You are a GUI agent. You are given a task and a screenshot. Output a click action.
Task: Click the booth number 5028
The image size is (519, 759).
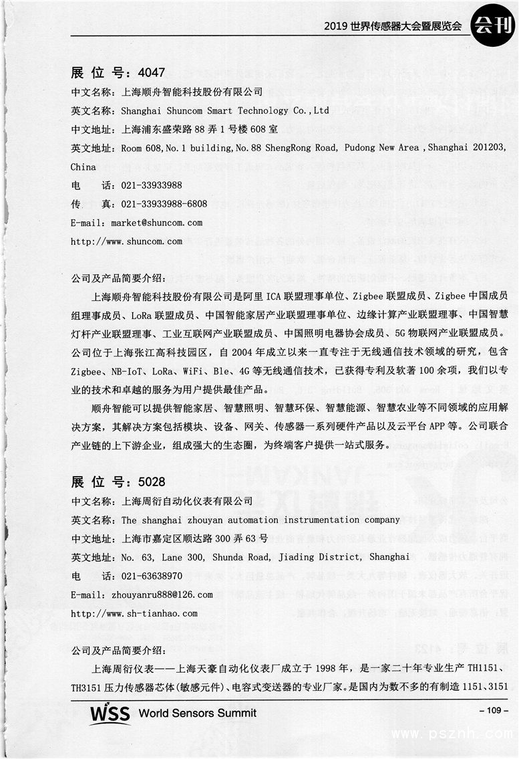(150, 481)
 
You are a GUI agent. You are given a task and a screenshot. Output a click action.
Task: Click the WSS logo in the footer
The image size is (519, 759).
(110, 713)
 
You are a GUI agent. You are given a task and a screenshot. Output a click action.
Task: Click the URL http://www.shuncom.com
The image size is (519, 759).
(126, 241)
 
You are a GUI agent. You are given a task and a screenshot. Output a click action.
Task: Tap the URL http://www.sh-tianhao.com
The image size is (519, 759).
(134, 613)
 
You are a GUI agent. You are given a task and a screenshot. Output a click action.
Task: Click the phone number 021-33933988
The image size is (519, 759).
(152, 185)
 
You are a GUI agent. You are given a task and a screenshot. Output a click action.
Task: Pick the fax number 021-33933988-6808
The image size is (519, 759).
(164, 204)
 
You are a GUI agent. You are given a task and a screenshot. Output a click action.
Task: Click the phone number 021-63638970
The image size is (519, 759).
(152, 576)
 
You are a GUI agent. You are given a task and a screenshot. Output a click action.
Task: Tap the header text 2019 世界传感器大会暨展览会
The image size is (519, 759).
(393, 27)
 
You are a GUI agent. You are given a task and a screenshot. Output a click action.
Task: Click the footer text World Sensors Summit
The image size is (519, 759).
(197, 714)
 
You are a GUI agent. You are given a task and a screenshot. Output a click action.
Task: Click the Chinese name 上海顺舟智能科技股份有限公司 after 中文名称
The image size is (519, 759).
(192, 92)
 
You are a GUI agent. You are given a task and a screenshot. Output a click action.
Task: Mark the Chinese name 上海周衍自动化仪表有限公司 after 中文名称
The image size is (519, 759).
(188, 501)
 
